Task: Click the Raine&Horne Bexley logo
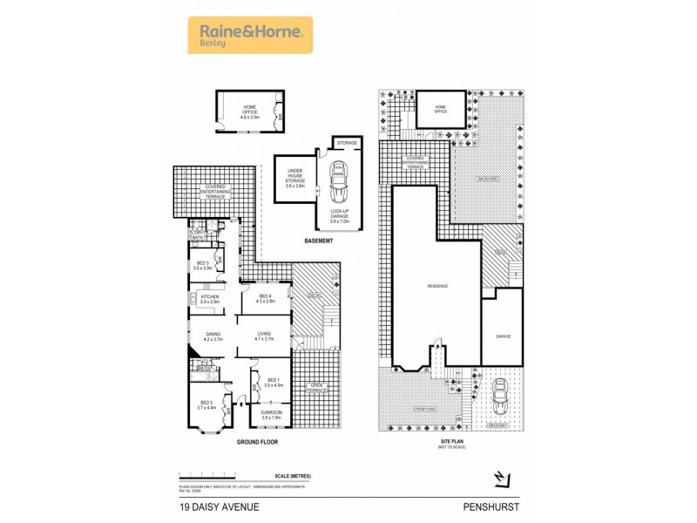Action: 250,35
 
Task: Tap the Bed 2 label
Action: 206,404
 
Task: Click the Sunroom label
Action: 272,414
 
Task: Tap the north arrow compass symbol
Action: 500,478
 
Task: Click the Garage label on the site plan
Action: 503,336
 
